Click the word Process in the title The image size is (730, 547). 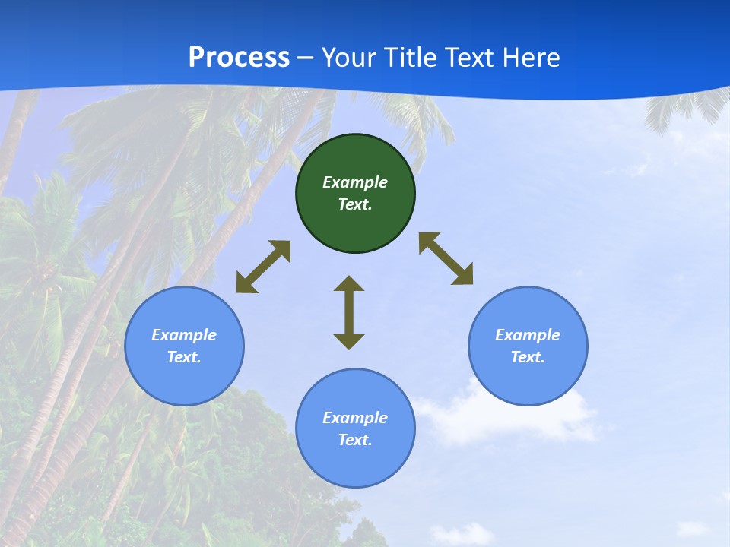[x=239, y=58]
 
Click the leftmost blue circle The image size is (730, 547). [x=184, y=380]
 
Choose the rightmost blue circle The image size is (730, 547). [x=528, y=380]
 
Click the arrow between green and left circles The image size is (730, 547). [x=263, y=267]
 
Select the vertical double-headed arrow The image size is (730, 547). [x=349, y=312]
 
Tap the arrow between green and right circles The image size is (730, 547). [x=446, y=258]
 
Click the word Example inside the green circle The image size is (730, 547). [x=355, y=182]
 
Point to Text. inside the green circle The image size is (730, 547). [x=355, y=204]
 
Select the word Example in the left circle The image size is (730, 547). [x=184, y=335]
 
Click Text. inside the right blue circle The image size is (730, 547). [x=528, y=357]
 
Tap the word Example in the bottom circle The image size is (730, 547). [x=355, y=418]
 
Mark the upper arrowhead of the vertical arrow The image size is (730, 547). [x=349, y=284]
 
